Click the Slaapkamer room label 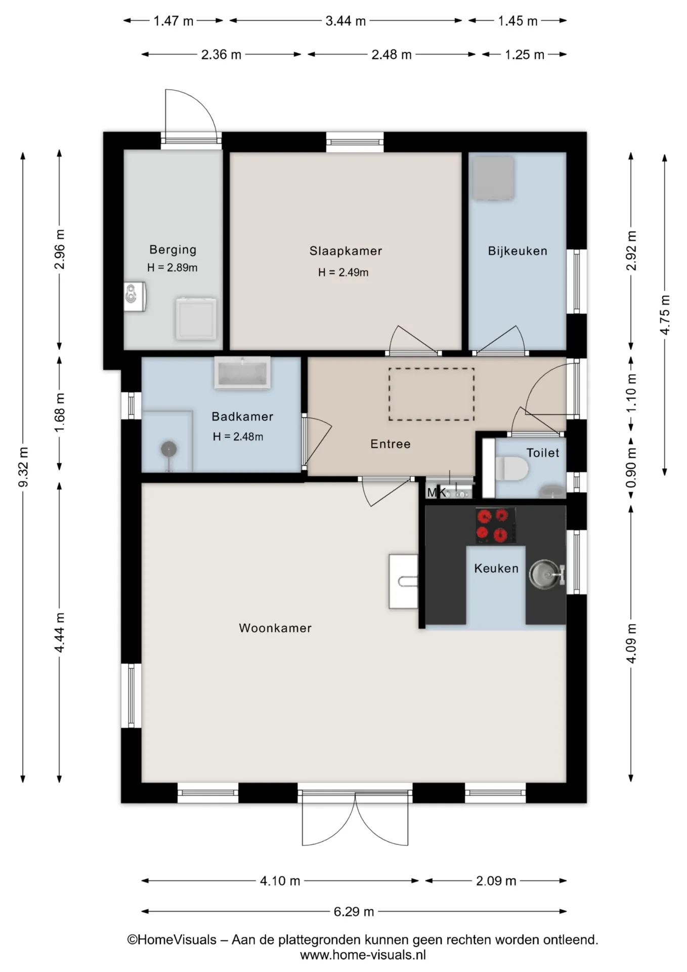click(346, 251)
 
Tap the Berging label click(173, 250)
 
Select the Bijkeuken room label click(518, 251)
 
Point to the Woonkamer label click(275, 628)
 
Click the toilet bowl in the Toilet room click(512, 468)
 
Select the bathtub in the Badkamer click(242, 373)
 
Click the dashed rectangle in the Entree click(432, 394)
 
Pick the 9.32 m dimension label click(23, 466)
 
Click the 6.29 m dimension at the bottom click(354, 912)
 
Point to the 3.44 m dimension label click(346, 21)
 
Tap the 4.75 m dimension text click(665, 314)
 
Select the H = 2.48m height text click(238, 436)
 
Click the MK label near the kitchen click(436, 492)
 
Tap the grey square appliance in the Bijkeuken click(493, 177)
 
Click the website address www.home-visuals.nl click(363, 955)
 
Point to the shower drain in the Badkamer click(169, 449)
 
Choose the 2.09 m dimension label click(496, 881)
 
